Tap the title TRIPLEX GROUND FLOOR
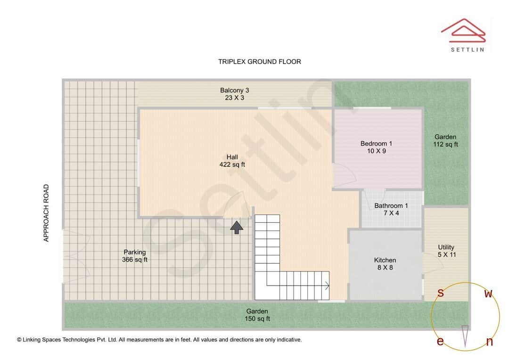click(259, 62)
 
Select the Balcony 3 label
click(234, 94)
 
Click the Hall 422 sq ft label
click(232, 161)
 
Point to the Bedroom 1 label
click(376, 147)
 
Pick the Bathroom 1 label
click(391, 209)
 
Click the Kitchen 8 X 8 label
click(385, 264)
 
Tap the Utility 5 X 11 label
click(446, 251)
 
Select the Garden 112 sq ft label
click(445, 141)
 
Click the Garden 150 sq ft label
click(257, 315)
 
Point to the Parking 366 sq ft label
click(135, 256)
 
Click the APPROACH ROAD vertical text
click(46, 213)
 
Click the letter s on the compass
click(440, 293)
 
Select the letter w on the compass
click(488, 294)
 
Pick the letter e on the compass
click(440, 342)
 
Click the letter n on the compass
click(489, 342)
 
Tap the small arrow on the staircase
click(326, 285)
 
